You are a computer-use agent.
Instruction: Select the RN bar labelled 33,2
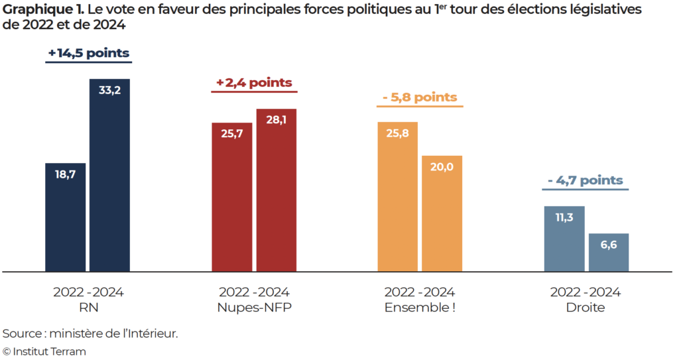pyautogui.click(x=109, y=175)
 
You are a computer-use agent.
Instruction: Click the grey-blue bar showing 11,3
pyautogui.click(x=564, y=239)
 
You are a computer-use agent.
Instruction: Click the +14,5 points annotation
pyautogui.click(x=88, y=53)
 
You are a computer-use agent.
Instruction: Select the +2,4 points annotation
pyautogui.click(x=253, y=83)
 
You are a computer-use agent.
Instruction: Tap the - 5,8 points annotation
pyautogui.click(x=420, y=97)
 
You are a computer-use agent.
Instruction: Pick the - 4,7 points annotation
pyautogui.click(x=586, y=180)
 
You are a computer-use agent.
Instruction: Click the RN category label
pyautogui.click(x=88, y=308)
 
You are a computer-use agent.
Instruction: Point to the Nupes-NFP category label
pyautogui.click(x=253, y=308)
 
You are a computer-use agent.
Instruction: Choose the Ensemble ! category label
pyautogui.click(x=419, y=308)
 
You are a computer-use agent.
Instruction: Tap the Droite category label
pyautogui.click(x=586, y=308)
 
